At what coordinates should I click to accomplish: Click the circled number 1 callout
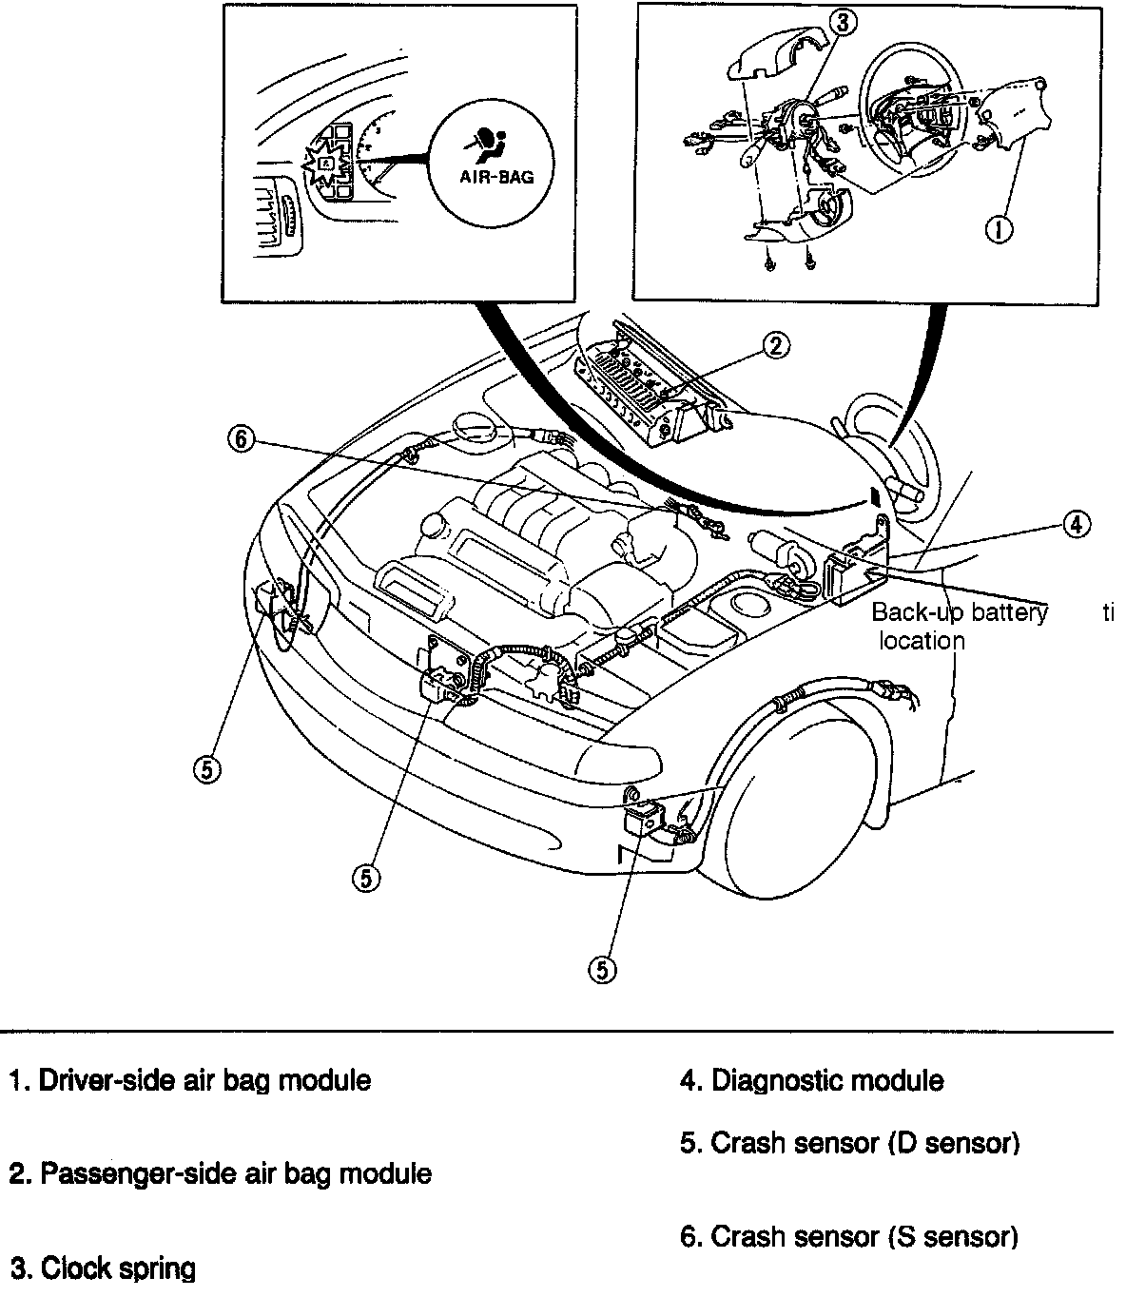coord(998,228)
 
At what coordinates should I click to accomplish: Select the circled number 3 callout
coord(841,24)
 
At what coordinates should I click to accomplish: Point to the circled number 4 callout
coord(1076,523)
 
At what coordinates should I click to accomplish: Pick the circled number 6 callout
coord(242,439)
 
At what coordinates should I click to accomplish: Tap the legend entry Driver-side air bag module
coord(190,1081)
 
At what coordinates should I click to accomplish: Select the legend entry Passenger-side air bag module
coord(221,1173)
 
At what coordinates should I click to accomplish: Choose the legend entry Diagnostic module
coord(812,1081)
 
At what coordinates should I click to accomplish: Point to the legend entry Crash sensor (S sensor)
coord(849,1236)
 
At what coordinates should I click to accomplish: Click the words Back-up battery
coord(959,612)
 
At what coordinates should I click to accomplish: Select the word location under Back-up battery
coord(922,641)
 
